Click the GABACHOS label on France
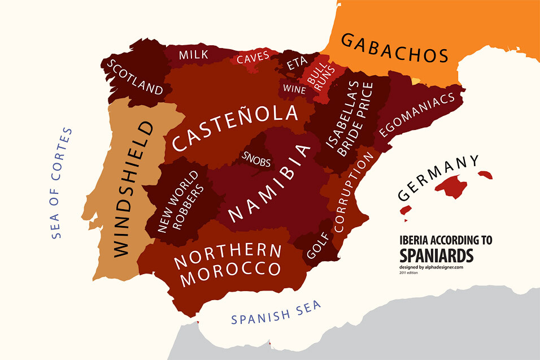pos(394,49)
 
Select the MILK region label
pos(194,55)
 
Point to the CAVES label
pos(252,59)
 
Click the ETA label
pos(297,64)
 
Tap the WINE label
pos(294,89)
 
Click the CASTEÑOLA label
pos(235,128)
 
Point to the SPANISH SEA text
pos(276,312)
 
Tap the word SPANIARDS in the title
pos(436,255)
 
